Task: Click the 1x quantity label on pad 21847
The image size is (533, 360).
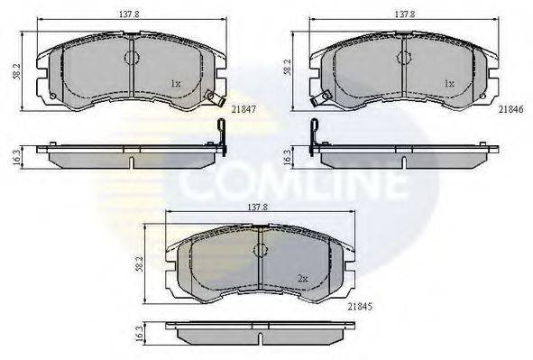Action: [177, 84]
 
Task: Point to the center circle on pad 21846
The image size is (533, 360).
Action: [402, 57]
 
